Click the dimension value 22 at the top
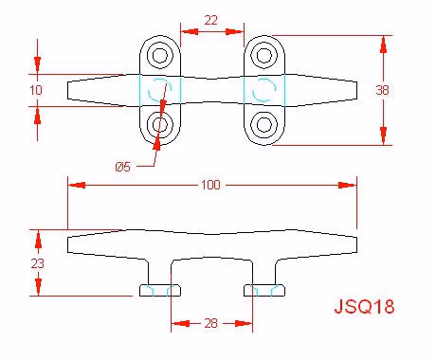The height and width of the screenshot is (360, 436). (211, 21)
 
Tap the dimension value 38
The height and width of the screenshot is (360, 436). (382, 90)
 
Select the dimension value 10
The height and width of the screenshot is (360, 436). (36, 90)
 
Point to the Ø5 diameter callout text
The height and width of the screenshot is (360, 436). (123, 167)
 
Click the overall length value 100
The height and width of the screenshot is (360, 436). (210, 185)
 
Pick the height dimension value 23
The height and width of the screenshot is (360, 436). (38, 263)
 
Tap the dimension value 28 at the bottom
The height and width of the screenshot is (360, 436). (210, 323)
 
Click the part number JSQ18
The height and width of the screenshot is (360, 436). (365, 306)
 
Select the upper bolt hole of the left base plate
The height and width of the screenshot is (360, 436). (160, 55)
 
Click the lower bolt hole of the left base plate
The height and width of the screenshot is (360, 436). (160, 124)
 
